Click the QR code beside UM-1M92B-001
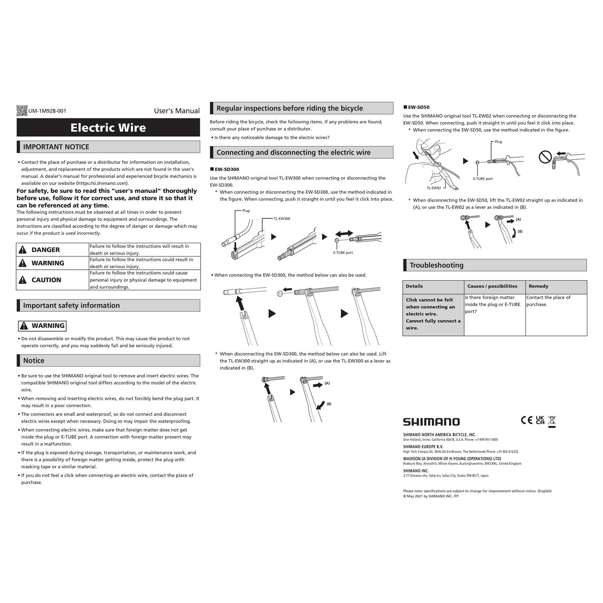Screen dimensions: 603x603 click(22, 111)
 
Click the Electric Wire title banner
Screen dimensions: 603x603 click(108, 128)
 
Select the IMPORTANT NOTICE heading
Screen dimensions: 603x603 click(56, 147)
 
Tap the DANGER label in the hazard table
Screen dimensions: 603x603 click(45, 250)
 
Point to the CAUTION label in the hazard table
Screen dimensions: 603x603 click(46, 280)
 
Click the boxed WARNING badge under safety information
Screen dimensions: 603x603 click(42, 326)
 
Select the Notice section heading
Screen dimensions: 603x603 click(34, 361)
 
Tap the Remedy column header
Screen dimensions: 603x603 click(538, 286)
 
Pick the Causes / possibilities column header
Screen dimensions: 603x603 click(492, 286)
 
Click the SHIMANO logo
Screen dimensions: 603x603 click(431, 422)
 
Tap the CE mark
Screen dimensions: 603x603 click(527, 420)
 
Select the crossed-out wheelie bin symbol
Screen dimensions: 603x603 click(552, 421)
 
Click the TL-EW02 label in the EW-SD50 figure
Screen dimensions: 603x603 click(434, 188)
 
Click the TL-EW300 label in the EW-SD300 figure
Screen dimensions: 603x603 click(282, 219)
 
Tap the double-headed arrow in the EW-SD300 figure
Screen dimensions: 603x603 click(344, 233)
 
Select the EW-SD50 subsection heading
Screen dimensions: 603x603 click(418, 107)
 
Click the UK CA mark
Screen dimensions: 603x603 click(540, 420)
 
